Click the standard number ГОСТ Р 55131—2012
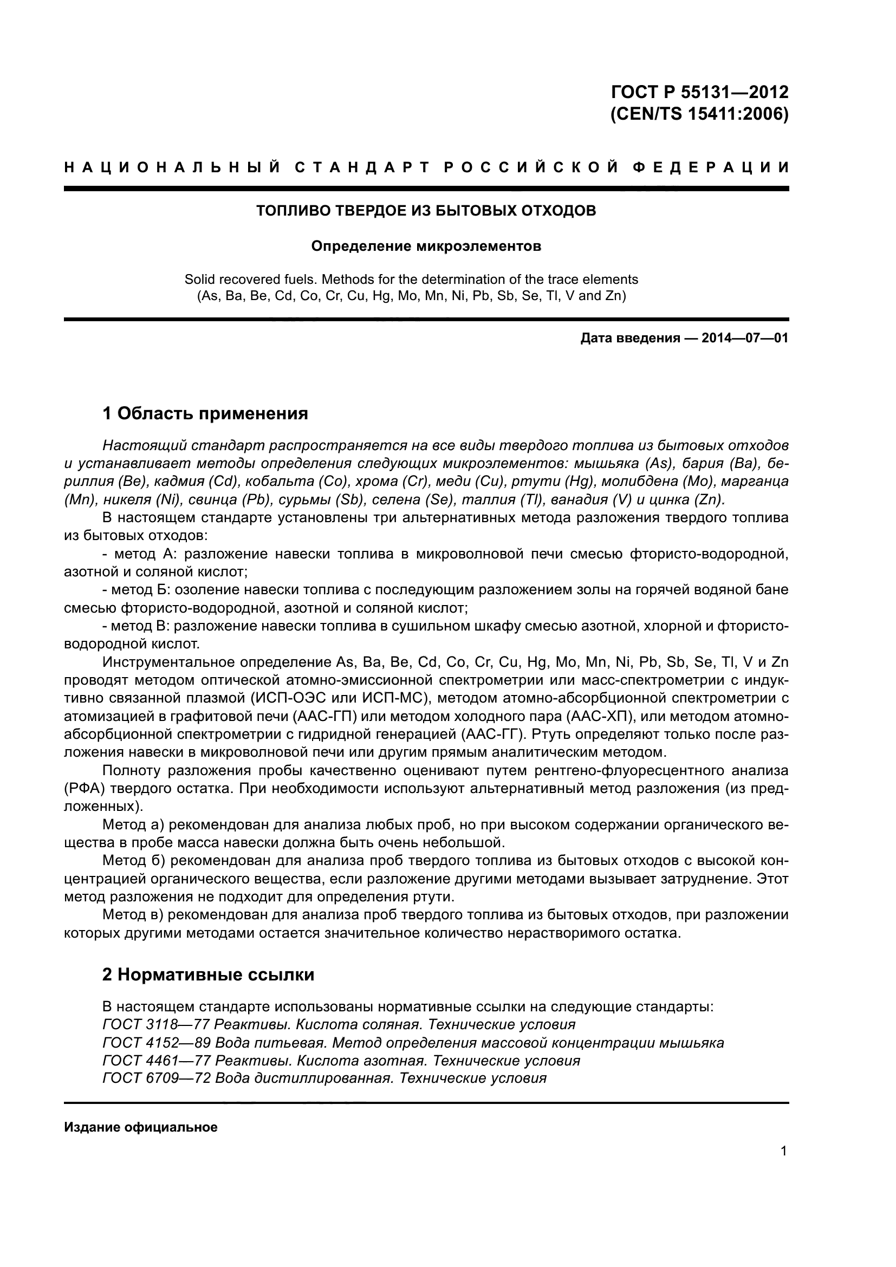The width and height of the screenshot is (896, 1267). coord(700,91)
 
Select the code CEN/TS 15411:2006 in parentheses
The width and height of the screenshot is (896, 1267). coord(700,114)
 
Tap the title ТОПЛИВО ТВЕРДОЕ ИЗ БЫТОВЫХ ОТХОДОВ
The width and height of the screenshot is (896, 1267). coord(426,211)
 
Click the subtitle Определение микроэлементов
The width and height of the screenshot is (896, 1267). coord(426,246)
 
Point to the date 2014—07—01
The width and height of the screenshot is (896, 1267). coord(745,338)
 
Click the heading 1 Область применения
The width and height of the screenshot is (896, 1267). coord(205,413)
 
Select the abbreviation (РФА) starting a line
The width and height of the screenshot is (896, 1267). coord(83,789)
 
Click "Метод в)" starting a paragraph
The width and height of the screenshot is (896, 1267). coord(133,915)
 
